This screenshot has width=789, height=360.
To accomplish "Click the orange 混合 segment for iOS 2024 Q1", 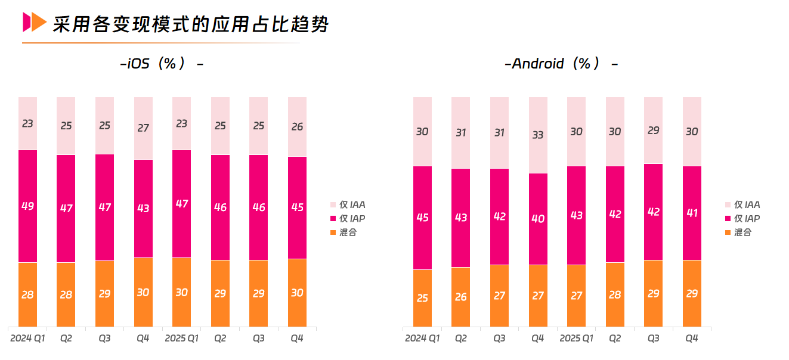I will click(x=27, y=294).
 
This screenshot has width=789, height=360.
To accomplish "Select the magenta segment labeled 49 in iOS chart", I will click(x=27, y=206).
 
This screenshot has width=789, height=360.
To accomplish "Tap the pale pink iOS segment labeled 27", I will click(x=143, y=128).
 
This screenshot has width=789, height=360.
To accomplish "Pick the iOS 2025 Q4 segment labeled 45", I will click(x=297, y=207).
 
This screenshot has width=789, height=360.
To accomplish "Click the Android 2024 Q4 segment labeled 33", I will click(x=538, y=135).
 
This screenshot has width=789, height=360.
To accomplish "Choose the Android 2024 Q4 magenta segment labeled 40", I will click(x=538, y=219).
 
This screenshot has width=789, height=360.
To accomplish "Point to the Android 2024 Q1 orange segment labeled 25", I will click(x=422, y=298).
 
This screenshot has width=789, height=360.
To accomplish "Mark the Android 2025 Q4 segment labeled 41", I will click(x=692, y=213).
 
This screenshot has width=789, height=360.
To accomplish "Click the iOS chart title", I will click(x=162, y=63).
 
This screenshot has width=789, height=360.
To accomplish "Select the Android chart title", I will click(x=561, y=63).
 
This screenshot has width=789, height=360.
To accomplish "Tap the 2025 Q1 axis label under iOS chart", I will click(x=181, y=339).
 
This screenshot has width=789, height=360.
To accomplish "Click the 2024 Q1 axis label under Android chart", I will click(x=422, y=339).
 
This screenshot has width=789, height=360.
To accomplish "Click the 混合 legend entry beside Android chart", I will click(x=742, y=232).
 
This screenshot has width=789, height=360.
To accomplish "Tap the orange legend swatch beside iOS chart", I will click(x=333, y=232).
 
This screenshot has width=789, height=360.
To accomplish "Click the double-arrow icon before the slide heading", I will click(x=34, y=22).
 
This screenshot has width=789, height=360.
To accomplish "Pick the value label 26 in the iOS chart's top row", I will click(x=297, y=126).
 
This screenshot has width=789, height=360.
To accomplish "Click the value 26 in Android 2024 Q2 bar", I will click(x=460, y=297).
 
